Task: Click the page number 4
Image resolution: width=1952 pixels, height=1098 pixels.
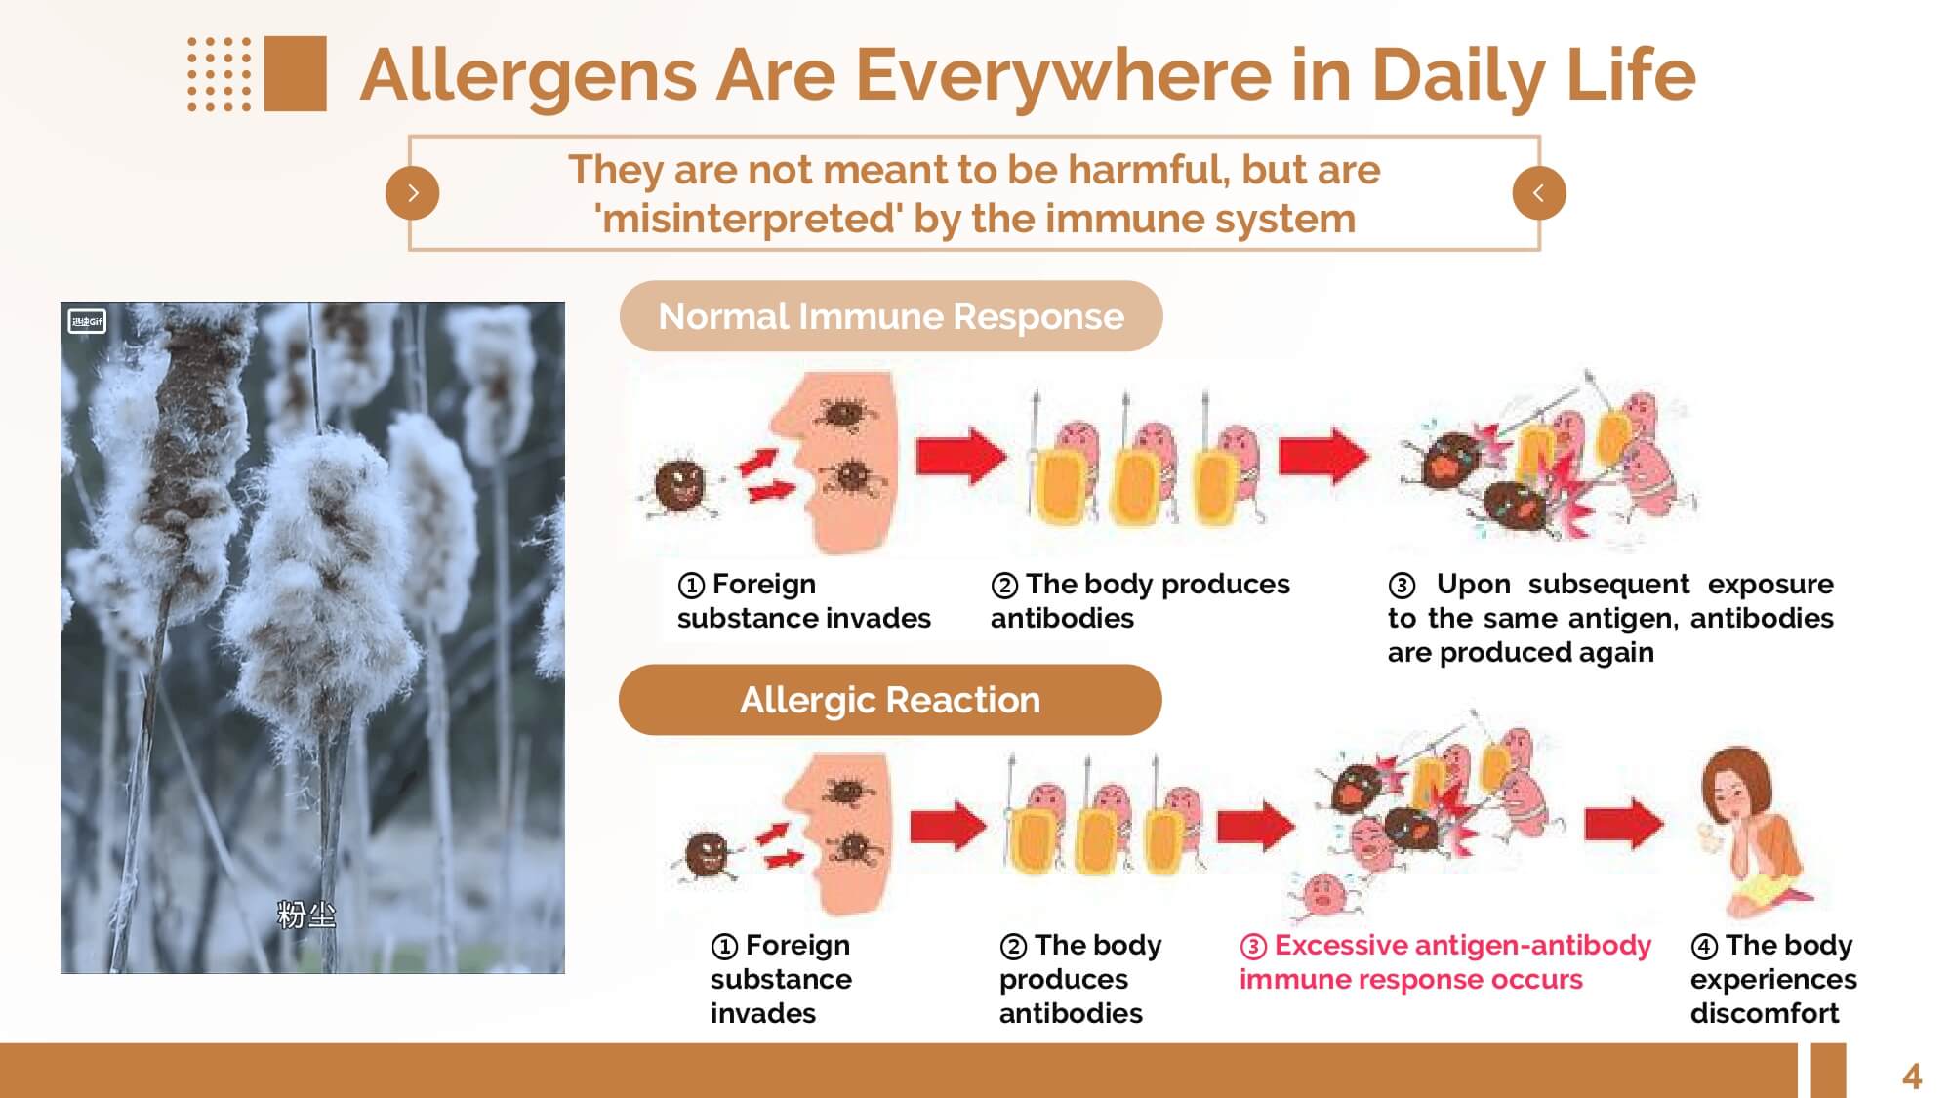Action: point(1911,1077)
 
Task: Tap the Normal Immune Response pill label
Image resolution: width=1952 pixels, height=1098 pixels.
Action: point(891,316)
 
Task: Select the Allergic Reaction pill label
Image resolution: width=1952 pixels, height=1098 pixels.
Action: point(890,700)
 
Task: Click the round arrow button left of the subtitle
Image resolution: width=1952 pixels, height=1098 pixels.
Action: point(413,193)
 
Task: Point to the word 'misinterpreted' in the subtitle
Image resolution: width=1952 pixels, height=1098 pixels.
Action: point(748,219)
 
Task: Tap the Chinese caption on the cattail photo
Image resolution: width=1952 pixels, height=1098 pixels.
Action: point(306,915)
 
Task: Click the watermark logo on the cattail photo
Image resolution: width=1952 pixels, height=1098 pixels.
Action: point(87,321)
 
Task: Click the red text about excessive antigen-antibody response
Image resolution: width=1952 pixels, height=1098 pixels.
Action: point(1445,961)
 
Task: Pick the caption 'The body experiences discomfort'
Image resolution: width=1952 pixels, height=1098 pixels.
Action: point(1773,978)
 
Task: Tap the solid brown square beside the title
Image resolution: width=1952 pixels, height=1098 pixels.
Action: point(295,73)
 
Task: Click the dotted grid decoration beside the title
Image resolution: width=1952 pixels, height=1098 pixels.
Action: point(219,74)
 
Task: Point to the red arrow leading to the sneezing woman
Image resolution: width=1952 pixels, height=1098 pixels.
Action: point(1624,824)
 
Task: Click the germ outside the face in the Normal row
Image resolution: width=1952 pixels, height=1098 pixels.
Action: point(680,485)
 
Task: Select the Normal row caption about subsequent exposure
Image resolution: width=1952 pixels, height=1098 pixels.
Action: point(1610,618)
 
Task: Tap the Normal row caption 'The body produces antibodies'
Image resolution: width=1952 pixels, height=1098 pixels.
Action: point(1140,600)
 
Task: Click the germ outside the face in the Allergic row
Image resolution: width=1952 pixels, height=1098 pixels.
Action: point(707,855)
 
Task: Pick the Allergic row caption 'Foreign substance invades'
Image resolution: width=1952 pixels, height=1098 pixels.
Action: point(781,978)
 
